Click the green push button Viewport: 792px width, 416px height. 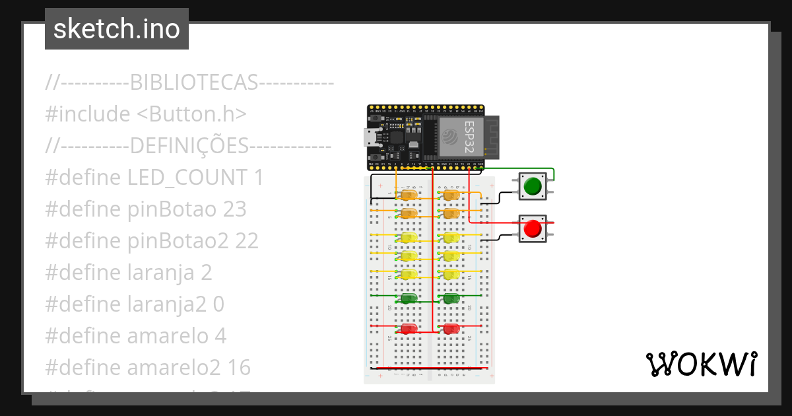(532, 187)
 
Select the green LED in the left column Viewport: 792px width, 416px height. (409, 298)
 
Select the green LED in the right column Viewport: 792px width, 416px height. (451, 298)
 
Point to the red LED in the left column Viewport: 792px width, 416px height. (409, 328)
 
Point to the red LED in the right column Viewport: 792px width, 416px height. (451, 328)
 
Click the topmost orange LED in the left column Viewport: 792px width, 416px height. (409, 195)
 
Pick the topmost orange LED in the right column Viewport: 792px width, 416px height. (451, 195)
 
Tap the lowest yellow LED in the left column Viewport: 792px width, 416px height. (409, 274)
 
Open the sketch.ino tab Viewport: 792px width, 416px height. (117, 29)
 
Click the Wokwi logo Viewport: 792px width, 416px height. (701, 364)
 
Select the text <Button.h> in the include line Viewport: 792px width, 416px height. (191, 114)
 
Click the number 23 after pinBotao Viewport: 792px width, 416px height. (234, 209)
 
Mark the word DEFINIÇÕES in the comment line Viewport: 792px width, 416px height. (189, 146)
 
